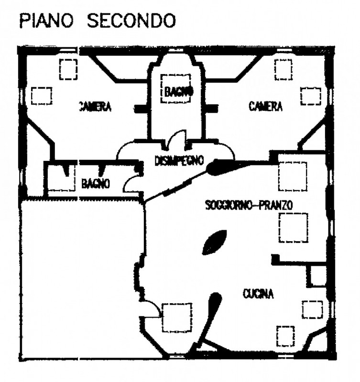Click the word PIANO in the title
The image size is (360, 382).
[x=42, y=21]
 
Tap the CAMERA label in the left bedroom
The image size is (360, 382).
[x=95, y=106]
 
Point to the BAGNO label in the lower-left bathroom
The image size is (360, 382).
[x=96, y=183]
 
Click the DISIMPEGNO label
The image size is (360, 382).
[x=179, y=160]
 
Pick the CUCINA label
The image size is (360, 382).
[x=258, y=295]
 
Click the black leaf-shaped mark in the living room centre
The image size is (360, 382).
[x=215, y=242]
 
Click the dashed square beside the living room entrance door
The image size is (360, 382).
[x=177, y=318]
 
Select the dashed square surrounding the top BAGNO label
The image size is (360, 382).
[x=175, y=89]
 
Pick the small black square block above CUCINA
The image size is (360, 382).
[x=275, y=259]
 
